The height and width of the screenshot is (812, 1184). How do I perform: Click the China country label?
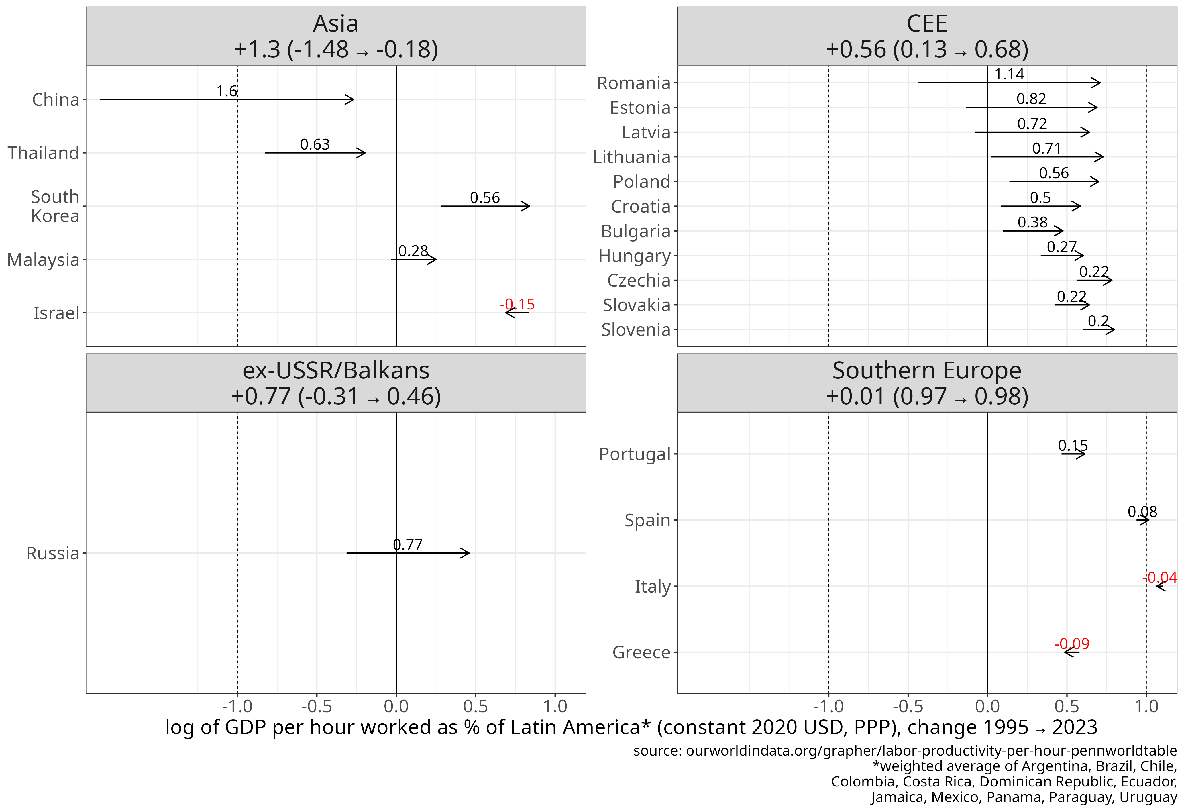click(56, 99)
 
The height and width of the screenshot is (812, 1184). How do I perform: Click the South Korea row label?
click(55, 206)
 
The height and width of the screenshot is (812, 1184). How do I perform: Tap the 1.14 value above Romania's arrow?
click(1009, 74)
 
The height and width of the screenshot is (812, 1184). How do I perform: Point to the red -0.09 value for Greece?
click(1072, 644)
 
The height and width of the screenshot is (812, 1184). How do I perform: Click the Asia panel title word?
click(336, 23)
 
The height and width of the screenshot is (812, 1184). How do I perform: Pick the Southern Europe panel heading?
click(927, 370)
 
